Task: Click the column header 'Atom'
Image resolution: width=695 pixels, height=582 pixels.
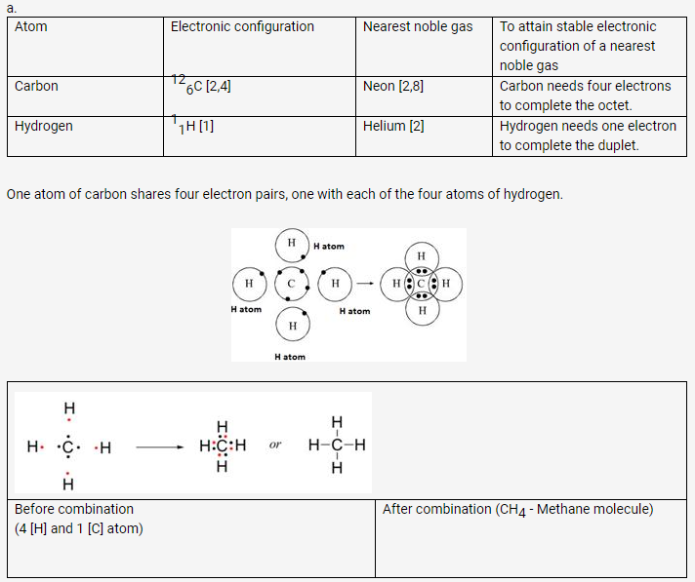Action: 31,26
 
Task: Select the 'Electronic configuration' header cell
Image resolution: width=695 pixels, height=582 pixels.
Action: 242,26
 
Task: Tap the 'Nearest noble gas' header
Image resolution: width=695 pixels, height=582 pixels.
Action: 417,26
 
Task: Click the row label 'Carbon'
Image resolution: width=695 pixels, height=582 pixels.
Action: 36,86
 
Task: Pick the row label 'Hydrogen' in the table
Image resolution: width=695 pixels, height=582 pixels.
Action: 43,126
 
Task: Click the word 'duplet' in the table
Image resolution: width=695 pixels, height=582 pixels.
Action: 616,145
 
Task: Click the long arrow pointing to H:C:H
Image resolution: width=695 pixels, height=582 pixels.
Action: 159,448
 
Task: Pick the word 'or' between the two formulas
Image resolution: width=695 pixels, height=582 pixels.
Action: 274,446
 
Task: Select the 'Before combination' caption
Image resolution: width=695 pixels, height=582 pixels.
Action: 74,509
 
